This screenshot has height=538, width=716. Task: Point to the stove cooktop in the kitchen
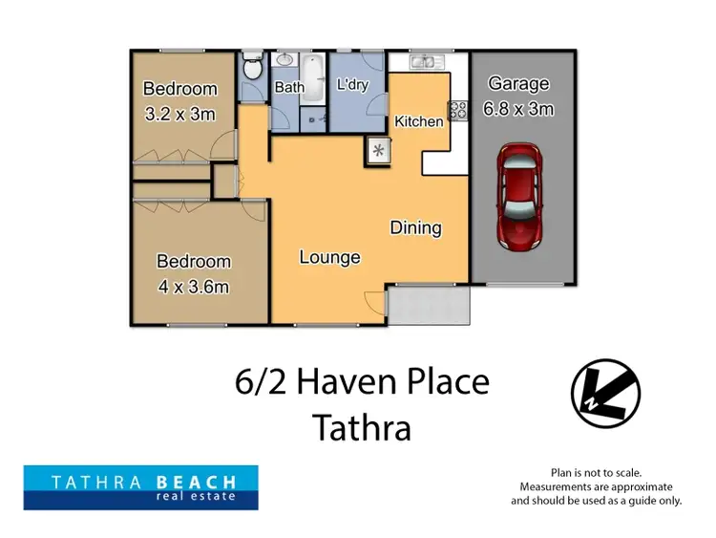point(458,110)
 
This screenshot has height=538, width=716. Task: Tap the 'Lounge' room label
point(329,257)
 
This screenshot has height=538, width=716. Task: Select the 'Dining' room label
point(415,227)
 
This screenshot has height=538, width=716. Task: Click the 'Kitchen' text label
point(418,121)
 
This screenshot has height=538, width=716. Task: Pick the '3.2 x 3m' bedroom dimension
point(180,114)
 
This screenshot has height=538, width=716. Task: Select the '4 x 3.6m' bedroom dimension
point(194,286)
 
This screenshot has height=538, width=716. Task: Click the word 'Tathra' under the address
point(362,427)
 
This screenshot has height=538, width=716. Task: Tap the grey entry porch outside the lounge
point(430,306)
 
